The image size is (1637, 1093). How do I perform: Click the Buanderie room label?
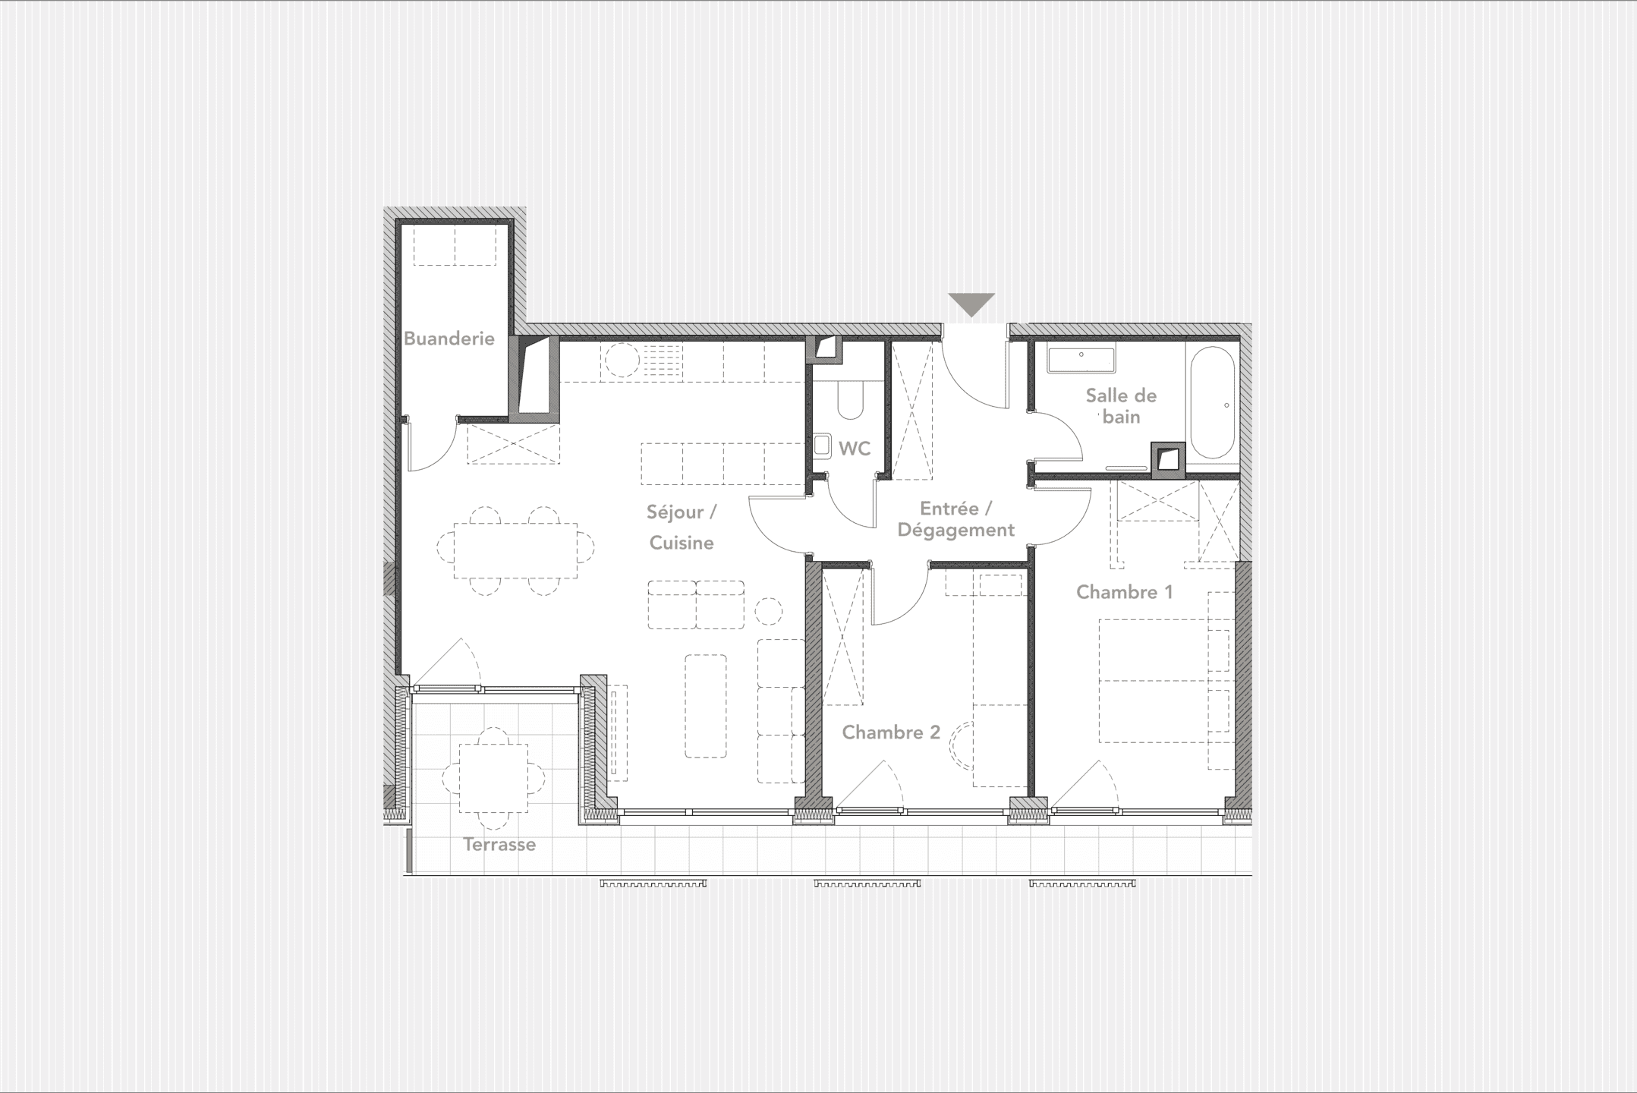point(449,339)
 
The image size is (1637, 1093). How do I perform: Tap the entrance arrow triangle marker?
point(971,304)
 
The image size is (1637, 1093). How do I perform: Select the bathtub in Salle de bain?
point(1212,403)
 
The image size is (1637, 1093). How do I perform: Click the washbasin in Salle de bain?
point(1081,359)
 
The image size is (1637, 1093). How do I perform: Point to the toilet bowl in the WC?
point(852,401)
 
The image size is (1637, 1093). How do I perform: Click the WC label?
point(855,449)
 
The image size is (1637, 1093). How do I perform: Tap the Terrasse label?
point(499,844)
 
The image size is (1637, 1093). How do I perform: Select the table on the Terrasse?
point(493,778)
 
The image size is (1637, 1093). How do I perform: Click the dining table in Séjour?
point(515,551)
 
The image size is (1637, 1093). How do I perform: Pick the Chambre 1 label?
point(1124,592)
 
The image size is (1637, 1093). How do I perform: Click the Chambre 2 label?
point(890,732)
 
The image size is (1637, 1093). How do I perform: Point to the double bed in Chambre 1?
point(1154,681)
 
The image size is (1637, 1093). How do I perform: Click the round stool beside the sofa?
point(768,611)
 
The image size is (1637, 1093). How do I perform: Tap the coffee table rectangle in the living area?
point(705,706)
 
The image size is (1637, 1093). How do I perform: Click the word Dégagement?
point(955,530)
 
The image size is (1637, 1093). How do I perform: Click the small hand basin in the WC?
point(822,446)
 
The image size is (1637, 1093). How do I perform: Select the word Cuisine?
point(682,543)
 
